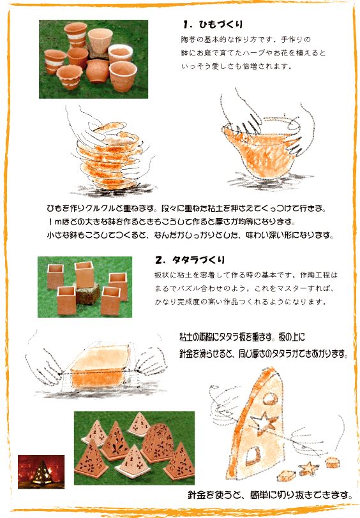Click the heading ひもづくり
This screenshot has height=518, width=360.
221,24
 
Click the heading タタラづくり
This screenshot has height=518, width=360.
199,260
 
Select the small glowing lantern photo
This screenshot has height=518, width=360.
41,471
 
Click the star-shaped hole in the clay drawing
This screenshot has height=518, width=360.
264,423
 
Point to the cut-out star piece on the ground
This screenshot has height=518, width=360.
308,468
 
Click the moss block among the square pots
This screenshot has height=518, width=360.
87,294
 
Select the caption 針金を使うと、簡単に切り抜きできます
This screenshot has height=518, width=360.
269,495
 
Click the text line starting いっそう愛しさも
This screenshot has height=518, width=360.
237,66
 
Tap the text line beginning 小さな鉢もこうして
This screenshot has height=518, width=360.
190,235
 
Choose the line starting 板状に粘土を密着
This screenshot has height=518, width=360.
246,275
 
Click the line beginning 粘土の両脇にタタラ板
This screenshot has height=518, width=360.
242,337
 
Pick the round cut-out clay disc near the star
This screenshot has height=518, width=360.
331,462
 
